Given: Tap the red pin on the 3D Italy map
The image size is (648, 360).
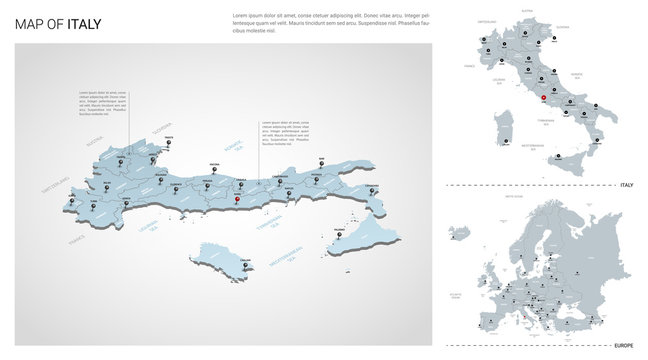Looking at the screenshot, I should pos(237,197).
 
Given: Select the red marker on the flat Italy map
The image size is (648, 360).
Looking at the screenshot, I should pos(543,98).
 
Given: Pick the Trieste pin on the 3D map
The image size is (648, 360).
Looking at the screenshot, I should pos(170,141).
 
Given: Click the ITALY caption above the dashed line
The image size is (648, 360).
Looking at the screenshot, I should pos(627,185).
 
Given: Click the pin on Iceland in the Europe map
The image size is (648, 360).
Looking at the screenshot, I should pos(462,228).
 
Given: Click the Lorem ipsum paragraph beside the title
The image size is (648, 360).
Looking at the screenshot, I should pos(331,23).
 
